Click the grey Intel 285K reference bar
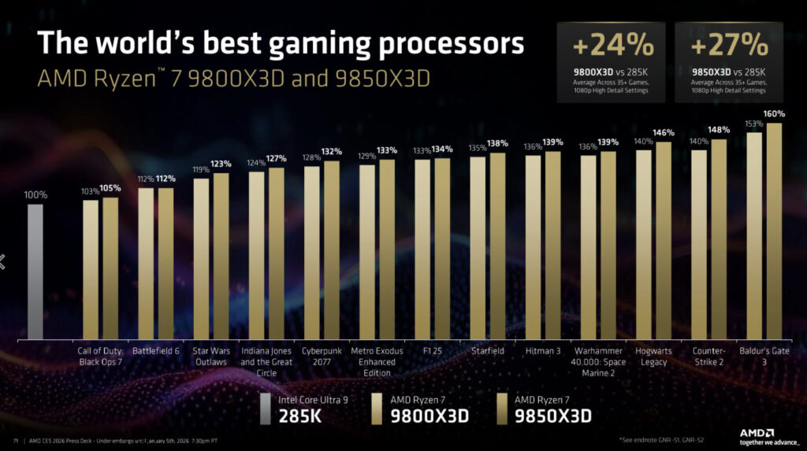coord(35,272)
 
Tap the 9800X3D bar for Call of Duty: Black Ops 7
coord(91,269)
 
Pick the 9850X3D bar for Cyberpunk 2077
coord(332,250)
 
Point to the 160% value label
coord(775,114)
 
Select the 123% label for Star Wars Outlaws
coord(221,164)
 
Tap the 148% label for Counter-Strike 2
coord(719,130)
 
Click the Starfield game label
coord(489,350)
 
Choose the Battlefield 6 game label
coord(156,350)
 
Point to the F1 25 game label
coord(433,350)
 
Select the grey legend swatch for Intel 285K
coord(267,407)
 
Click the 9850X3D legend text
coord(552,415)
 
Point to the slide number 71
coord(16,439)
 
